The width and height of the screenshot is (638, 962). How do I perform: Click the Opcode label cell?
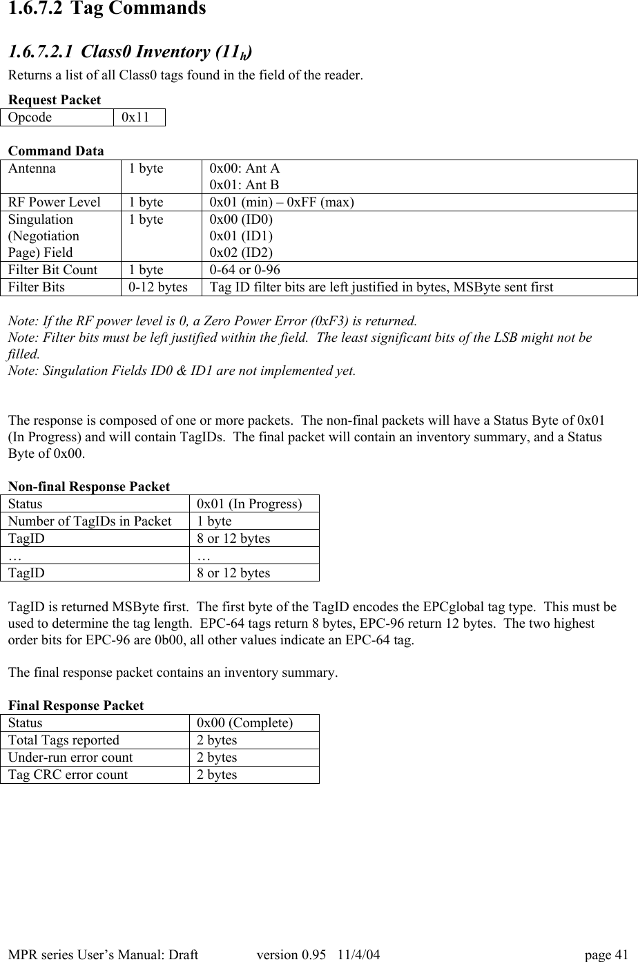[30, 117]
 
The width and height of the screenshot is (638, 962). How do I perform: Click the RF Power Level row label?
[55, 202]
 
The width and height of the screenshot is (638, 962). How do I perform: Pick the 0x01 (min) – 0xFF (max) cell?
[282, 202]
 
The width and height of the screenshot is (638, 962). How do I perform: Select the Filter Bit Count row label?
[53, 270]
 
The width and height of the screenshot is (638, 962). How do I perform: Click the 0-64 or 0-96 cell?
[244, 270]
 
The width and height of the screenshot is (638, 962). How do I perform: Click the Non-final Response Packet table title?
[89, 487]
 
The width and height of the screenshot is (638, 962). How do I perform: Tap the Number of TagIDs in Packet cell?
[90, 521]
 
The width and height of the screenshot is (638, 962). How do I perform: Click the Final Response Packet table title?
[76, 706]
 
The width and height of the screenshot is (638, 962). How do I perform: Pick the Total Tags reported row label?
[64, 740]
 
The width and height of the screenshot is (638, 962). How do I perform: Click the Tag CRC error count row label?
[68, 775]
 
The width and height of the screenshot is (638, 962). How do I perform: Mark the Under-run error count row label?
[70, 758]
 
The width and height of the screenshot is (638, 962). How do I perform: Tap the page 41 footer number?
[606, 955]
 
